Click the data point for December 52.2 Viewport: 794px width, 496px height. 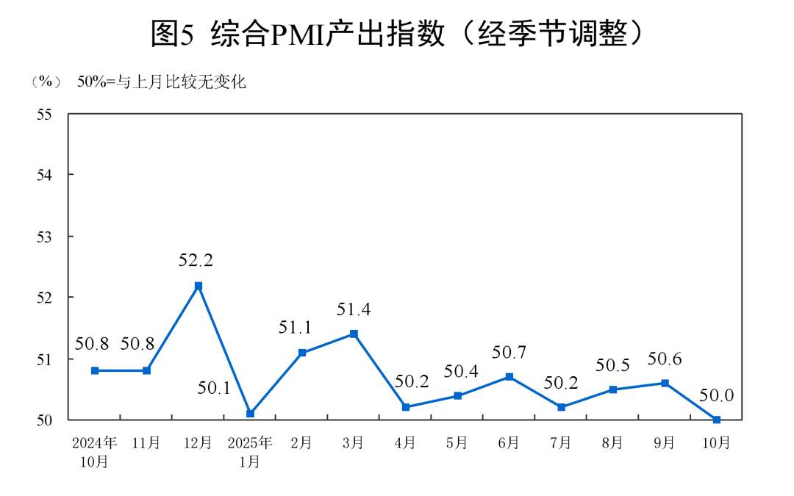pos(198,285)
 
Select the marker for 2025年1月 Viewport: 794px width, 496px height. pos(250,414)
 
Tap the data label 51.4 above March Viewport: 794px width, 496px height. pos(354,309)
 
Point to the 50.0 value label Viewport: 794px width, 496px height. pos(717,396)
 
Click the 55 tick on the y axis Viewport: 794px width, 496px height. pos(46,114)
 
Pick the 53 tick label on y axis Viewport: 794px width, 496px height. pos(46,237)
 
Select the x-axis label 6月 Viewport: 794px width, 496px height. pos(509,443)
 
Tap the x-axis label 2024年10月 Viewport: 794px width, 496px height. pos(95,452)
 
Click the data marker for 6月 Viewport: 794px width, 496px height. pos(509,377)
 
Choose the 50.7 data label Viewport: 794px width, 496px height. pos(509,353)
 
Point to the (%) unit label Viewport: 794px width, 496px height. pos(46,82)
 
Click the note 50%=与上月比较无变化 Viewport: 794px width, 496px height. pos(162,82)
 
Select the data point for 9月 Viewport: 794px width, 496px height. pos(665,383)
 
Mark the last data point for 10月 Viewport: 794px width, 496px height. pos(716,420)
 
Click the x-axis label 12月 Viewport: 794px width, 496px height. pos(198,443)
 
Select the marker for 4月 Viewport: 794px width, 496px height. pos(405,407)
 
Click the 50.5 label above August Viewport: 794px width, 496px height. pos(612,365)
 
